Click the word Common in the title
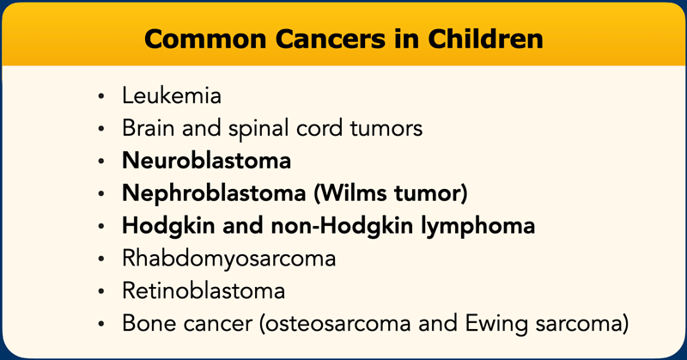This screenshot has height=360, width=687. tap(205, 39)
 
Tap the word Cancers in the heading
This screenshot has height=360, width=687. tap(331, 39)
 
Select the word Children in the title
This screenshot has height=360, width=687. tap(485, 39)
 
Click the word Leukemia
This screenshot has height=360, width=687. tap(172, 95)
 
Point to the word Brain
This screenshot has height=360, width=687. tap(148, 128)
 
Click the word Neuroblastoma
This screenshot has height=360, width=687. tap(206, 161)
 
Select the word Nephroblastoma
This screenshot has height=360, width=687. tap(214, 194)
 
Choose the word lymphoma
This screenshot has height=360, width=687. tap(478, 227)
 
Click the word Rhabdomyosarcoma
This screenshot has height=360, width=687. tap(228, 259)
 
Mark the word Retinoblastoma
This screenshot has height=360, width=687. tap(204, 290)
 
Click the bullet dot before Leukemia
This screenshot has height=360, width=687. tap(101, 96)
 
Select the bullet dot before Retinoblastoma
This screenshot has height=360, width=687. tap(101, 291)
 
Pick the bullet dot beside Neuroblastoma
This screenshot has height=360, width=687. tap(101, 162)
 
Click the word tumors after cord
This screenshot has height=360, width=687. tap(386, 129)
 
